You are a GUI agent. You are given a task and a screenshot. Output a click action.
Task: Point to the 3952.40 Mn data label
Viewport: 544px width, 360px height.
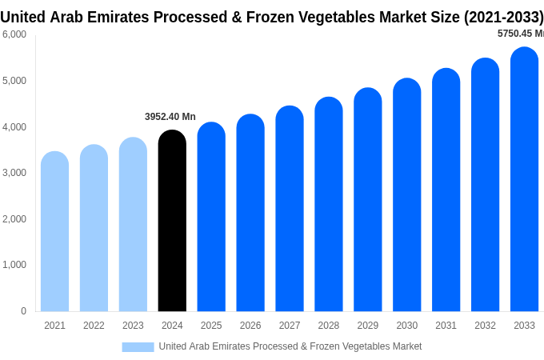click(x=170, y=117)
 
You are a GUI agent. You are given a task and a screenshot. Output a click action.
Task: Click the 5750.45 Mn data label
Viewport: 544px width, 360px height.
click(x=520, y=34)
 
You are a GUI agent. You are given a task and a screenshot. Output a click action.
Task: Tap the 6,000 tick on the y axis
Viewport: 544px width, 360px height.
click(x=14, y=34)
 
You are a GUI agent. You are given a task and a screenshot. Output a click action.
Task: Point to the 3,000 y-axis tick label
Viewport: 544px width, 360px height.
click(x=14, y=173)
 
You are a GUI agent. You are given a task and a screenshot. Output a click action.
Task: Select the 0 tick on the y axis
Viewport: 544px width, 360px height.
click(x=23, y=311)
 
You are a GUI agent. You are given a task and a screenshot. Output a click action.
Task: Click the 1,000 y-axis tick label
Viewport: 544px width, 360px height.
click(x=14, y=265)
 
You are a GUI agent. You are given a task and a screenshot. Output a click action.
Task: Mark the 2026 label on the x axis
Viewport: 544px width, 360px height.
click(x=250, y=326)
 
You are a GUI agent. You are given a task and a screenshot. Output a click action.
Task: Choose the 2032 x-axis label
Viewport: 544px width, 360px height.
click(x=485, y=326)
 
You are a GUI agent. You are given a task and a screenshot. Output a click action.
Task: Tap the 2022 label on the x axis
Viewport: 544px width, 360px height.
click(x=94, y=326)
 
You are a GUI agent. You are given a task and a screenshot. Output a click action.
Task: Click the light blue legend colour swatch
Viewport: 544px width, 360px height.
click(x=138, y=346)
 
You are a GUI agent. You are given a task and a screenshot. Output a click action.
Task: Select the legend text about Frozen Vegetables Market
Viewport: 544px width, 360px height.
click(x=290, y=346)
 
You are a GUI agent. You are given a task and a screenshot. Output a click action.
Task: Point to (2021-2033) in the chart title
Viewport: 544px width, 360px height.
click(x=503, y=17)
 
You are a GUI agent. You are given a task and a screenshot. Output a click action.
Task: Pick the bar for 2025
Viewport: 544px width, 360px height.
click(x=211, y=217)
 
